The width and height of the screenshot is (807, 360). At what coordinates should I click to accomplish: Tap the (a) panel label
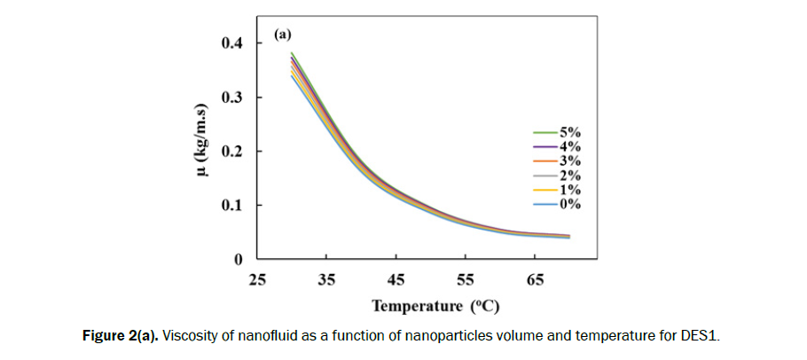tap(283, 35)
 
